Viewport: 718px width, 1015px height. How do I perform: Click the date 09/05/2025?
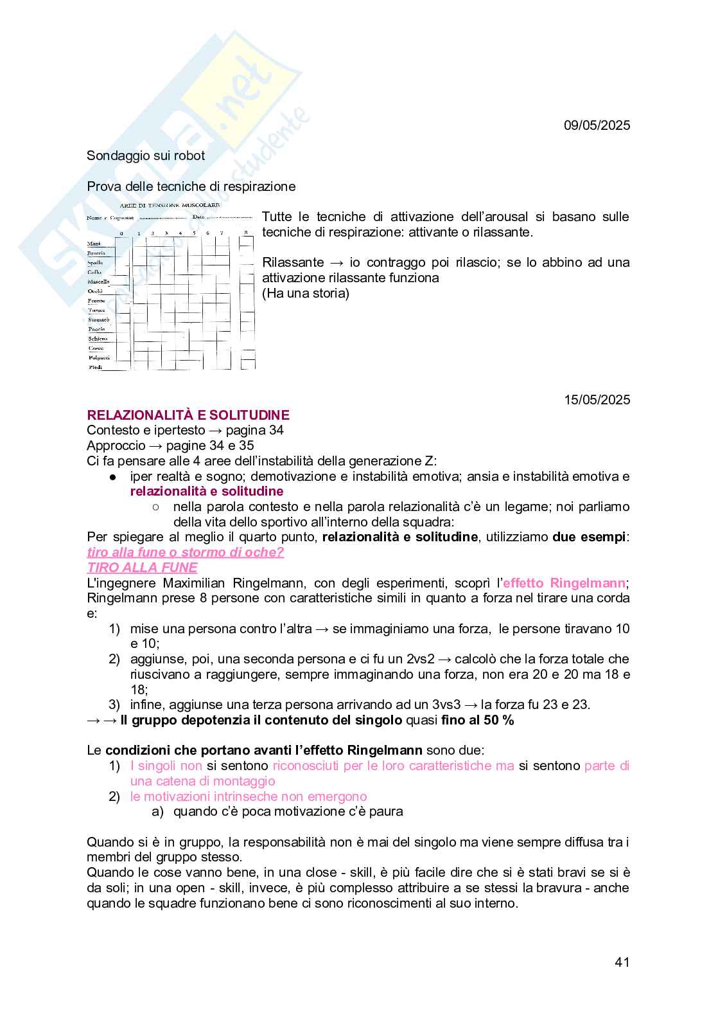coord(597,125)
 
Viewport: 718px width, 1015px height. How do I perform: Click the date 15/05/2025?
coord(597,400)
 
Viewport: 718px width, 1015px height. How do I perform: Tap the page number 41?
coord(622,962)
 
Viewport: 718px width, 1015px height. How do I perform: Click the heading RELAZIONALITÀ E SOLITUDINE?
coord(188,415)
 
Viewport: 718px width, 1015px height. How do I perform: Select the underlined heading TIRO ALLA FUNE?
coord(142,568)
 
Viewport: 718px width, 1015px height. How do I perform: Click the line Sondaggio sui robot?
coord(146,156)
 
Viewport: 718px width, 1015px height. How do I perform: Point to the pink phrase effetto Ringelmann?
coord(563,583)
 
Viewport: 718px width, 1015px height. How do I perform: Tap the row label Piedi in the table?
coord(95,367)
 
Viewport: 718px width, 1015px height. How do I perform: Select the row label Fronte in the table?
coord(96,301)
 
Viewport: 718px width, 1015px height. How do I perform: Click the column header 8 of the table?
coord(245,233)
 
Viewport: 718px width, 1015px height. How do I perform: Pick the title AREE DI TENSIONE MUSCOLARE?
coord(170,205)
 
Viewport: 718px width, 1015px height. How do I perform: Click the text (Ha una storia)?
coord(306,293)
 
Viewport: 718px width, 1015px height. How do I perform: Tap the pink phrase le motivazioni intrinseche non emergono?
coord(249,796)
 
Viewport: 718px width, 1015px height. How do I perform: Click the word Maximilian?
coord(198,583)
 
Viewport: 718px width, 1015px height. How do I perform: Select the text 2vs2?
coord(421,659)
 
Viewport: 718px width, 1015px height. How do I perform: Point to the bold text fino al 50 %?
coord(477,720)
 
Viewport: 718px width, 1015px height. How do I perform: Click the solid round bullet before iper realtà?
coord(112,476)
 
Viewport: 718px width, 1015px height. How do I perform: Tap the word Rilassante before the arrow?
coord(293,262)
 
